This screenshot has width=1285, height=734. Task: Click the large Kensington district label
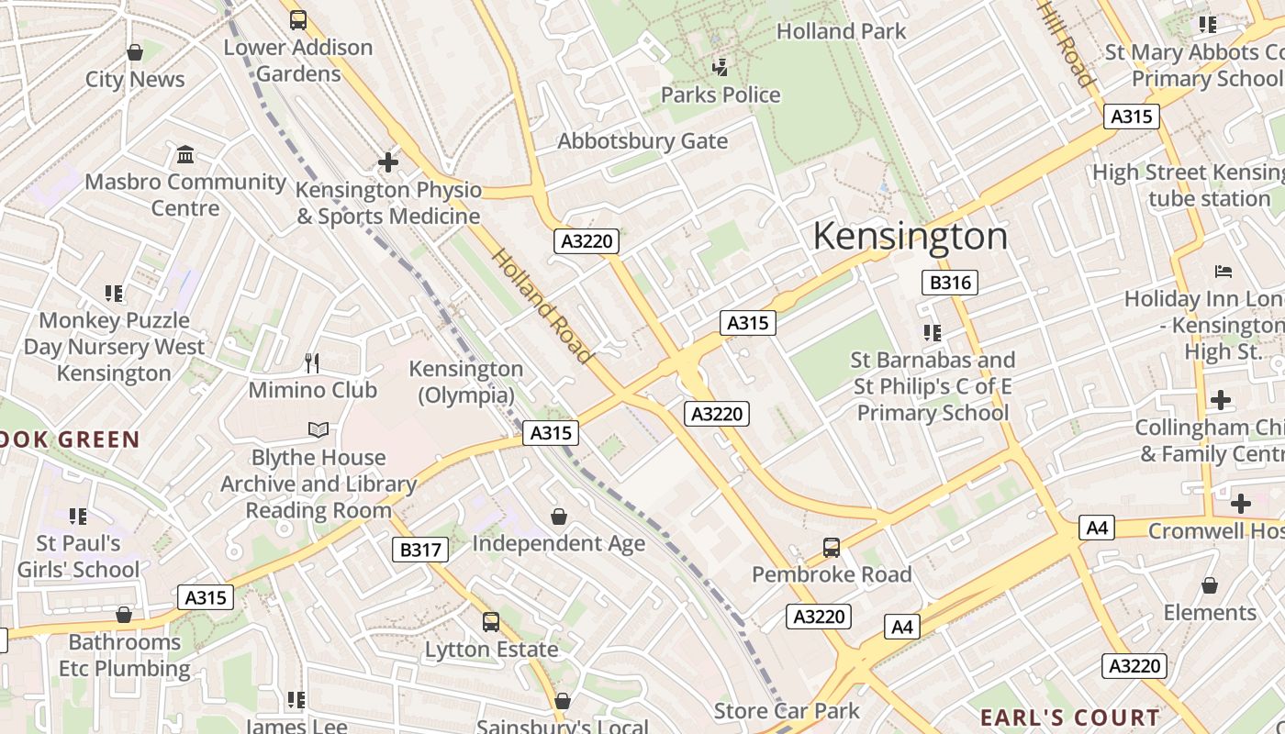[x=910, y=237]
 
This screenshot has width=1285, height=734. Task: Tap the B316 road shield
[x=950, y=283]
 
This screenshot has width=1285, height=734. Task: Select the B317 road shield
[x=420, y=550]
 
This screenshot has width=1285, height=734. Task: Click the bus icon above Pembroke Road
[x=831, y=548]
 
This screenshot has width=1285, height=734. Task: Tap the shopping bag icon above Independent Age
[x=559, y=517]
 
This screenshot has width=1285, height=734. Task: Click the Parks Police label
[x=721, y=95]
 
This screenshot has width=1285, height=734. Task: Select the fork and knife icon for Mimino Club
[x=312, y=363]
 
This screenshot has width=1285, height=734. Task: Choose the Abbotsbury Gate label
[x=642, y=141]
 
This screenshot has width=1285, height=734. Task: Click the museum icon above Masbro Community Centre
[x=185, y=154]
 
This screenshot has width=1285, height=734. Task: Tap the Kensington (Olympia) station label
[x=466, y=382]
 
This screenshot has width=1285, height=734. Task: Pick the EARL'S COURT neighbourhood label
[x=1069, y=717]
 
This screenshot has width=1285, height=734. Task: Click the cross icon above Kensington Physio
[x=388, y=162]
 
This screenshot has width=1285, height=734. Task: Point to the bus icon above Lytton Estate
[x=491, y=622]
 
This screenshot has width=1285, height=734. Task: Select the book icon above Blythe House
[x=318, y=429]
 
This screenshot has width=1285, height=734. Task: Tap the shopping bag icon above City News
[x=135, y=52]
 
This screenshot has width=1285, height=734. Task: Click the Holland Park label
[x=841, y=31]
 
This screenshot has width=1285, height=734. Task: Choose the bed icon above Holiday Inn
[x=1223, y=271]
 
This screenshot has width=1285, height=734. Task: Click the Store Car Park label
[x=787, y=711]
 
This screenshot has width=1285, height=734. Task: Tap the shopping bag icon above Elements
[x=1210, y=585]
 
